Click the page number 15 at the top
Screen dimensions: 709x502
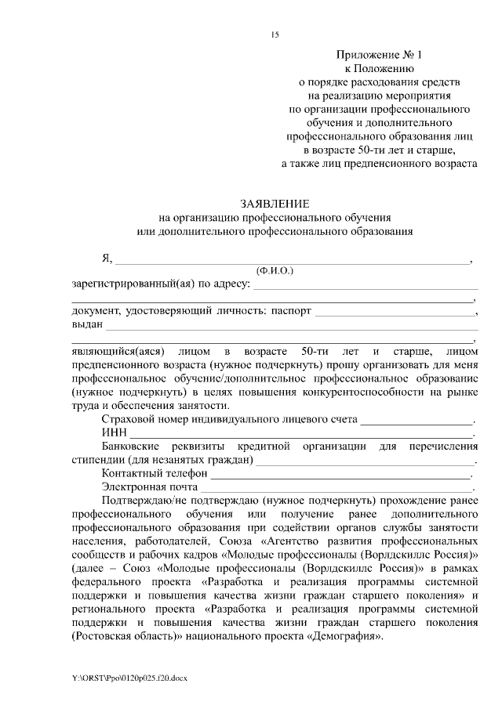(x=275, y=34)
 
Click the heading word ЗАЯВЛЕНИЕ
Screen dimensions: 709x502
(x=273, y=203)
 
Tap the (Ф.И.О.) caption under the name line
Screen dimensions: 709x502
(x=274, y=270)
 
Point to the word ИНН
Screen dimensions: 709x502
(x=115, y=433)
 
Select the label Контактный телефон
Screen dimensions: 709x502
(x=154, y=473)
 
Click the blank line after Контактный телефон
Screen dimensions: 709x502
(x=340, y=475)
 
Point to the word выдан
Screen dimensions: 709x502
(x=86, y=324)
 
